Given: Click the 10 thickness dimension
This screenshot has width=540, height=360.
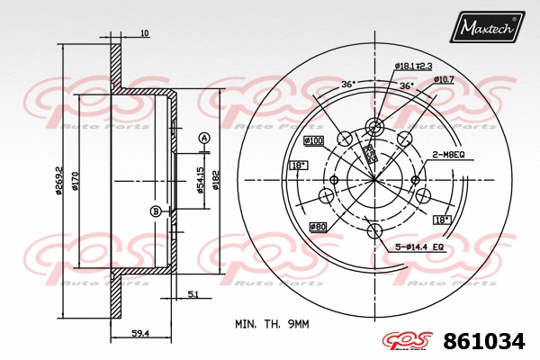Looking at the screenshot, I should (x=144, y=34).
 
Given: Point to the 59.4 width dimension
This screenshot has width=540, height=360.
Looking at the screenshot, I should (x=139, y=333).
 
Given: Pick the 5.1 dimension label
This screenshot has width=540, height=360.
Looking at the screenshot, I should (x=193, y=293).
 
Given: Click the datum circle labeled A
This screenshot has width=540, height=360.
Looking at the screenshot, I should (x=203, y=138).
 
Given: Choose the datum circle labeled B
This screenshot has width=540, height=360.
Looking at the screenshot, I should (x=155, y=211).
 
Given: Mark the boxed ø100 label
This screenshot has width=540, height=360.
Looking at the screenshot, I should (x=314, y=140).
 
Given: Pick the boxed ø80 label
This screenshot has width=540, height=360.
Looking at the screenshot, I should (x=318, y=226).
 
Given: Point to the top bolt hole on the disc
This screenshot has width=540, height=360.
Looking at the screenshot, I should (x=374, y=127).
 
